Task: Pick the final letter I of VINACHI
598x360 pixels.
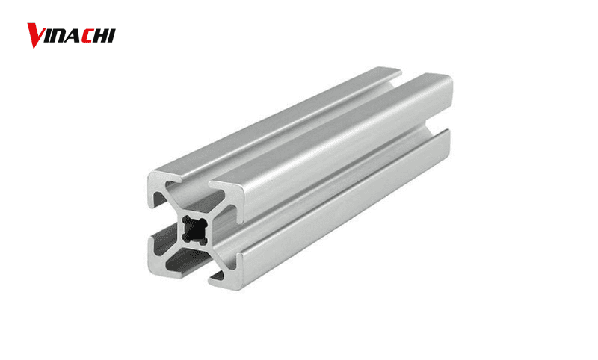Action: pos(113,35)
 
